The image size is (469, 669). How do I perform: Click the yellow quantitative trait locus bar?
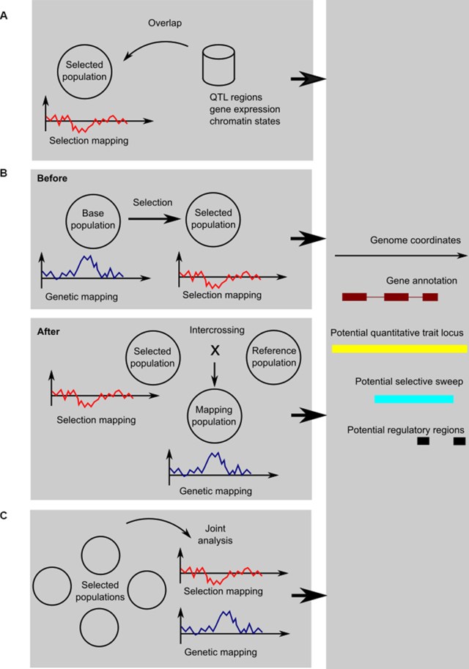click(x=399, y=349)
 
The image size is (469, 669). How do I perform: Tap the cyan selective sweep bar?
click(x=413, y=399)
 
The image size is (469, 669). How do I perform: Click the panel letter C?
click(x=5, y=516)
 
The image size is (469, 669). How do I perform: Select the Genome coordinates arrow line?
click(x=399, y=256)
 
